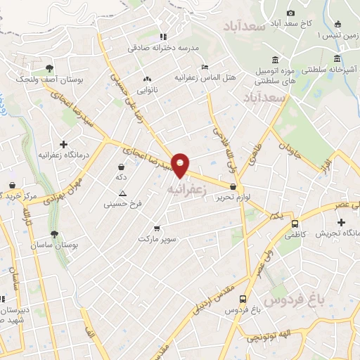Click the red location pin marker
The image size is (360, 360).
181,165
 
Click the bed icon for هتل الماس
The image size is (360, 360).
205,67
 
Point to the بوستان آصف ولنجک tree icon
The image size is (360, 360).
49,68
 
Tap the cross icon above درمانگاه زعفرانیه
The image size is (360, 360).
63,143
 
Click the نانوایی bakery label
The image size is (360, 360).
147,89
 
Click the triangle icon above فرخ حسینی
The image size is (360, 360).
123,193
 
